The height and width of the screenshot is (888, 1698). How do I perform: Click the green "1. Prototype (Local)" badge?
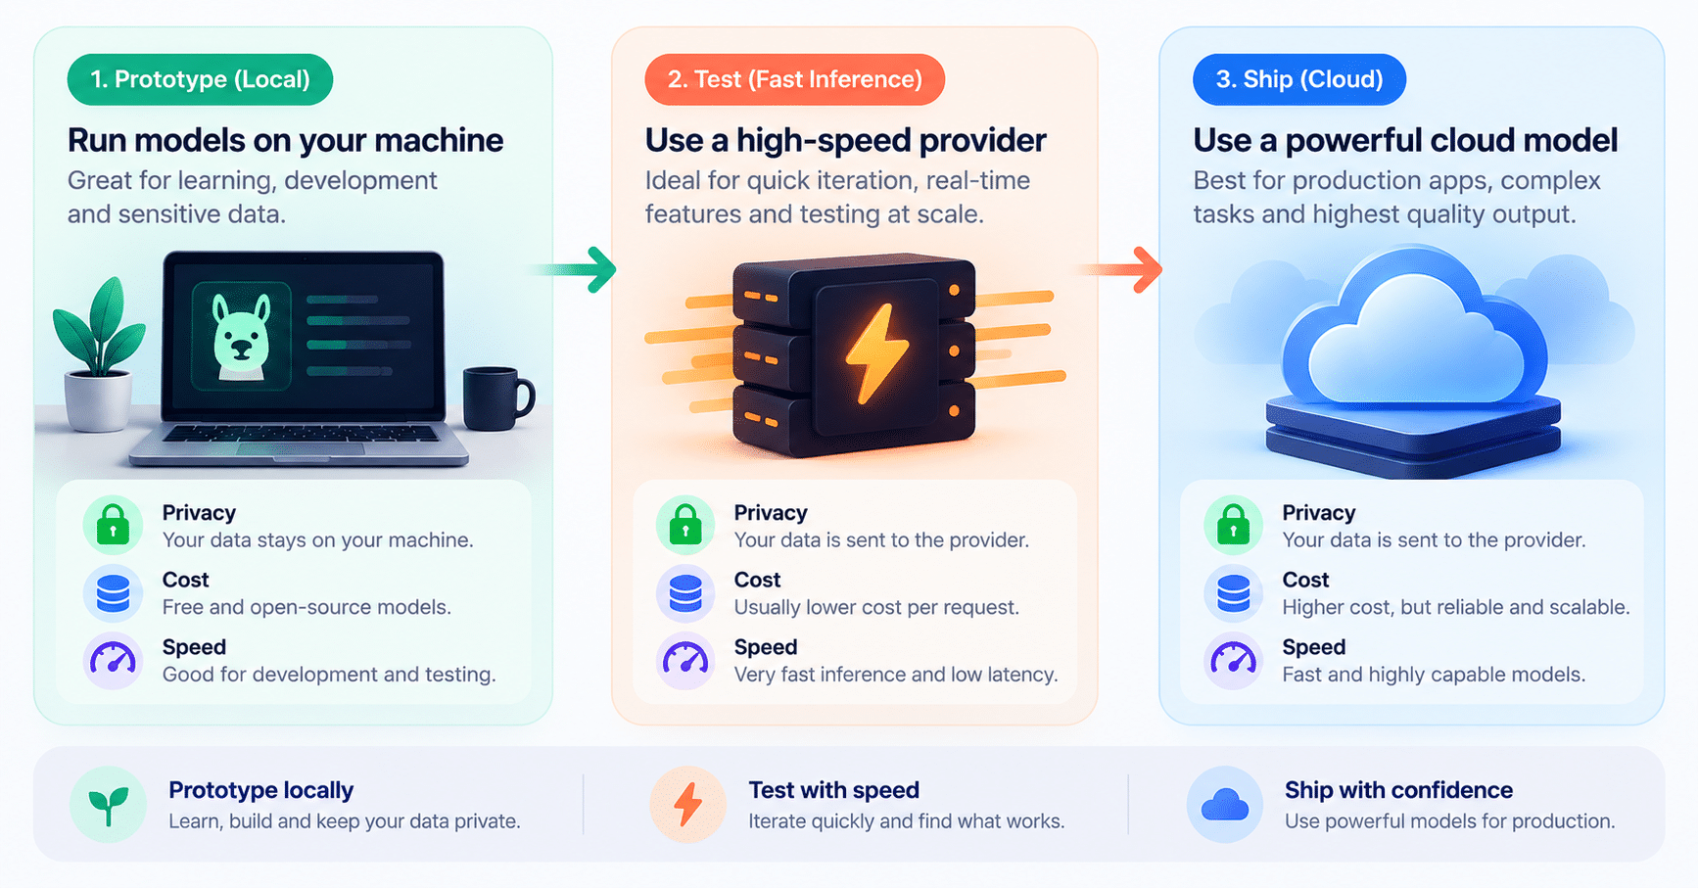[200, 79]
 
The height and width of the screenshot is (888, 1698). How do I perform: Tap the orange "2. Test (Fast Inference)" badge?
[794, 79]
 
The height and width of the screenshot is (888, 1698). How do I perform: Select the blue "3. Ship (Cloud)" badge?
[1298, 79]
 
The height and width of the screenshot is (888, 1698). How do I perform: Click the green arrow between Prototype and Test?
[573, 269]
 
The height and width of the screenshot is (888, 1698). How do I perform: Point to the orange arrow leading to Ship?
[1119, 269]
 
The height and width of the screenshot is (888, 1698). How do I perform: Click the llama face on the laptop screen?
[241, 335]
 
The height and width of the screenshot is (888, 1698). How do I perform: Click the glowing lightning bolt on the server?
[875, 353]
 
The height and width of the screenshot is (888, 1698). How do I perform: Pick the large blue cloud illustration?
[1414, 333]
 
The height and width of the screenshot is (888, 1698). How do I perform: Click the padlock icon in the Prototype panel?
[113, 525]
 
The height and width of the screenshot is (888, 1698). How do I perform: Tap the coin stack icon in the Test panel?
[685, 593]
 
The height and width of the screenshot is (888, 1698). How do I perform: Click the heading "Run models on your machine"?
[285, 140]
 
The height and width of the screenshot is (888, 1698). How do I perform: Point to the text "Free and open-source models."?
[307, 607]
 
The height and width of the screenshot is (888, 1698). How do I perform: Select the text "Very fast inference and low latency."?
[896, 675]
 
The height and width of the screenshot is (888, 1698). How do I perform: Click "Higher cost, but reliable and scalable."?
[1456, 607]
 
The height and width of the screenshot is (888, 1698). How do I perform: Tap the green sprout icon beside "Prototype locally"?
[109, 805]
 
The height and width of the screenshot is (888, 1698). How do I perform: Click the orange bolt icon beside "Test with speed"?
[688, 805]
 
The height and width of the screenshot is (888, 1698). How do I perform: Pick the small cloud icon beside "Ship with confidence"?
[1224, 805]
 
